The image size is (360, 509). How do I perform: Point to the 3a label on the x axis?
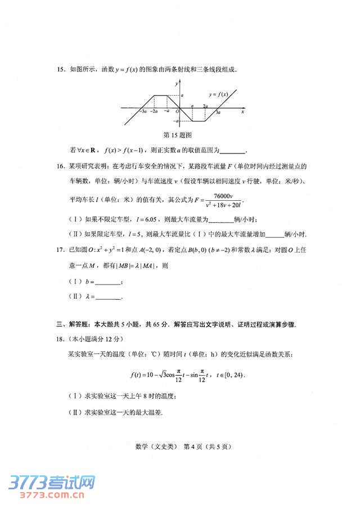click(x=218, y=113)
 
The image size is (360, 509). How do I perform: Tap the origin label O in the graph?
click(x=177, y=112)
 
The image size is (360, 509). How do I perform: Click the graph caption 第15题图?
click(x=178, y=136)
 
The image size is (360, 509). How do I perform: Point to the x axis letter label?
click(x=242, y=112)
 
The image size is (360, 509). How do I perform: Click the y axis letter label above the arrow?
click(x=176, y=83)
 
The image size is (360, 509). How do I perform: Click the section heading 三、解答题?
click(x=74, y=325)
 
